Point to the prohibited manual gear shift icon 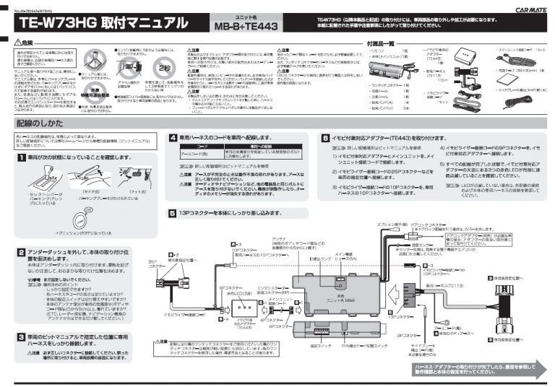[x=92, y=58]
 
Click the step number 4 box [x=173, y=137]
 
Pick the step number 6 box [x=326, y=137]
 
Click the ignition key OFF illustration [x=87, y=218]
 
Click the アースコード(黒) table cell [x=194, y=154]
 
